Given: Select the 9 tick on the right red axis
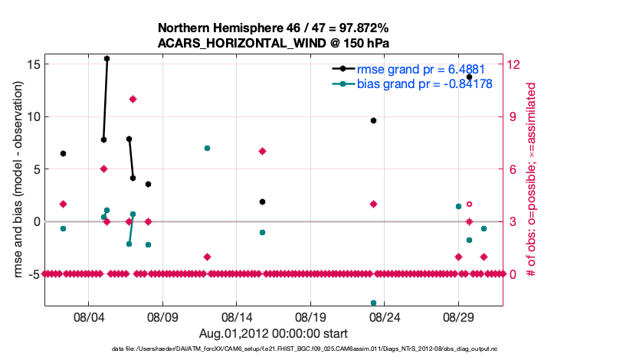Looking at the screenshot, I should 512,116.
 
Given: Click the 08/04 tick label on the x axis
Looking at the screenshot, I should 88,316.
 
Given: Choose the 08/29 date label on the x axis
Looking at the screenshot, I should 458,316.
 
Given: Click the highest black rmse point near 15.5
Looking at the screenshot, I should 107,58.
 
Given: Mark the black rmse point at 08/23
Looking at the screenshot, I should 373,120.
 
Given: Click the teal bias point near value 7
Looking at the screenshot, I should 207,148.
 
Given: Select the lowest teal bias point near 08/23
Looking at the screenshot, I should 373,303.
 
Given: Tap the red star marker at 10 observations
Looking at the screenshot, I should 133,99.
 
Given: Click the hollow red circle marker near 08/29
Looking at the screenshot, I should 469,205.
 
